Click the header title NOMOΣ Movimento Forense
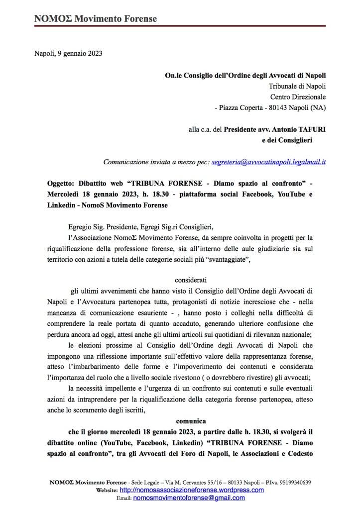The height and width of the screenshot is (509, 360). pyautogui.click(x=95, y=19)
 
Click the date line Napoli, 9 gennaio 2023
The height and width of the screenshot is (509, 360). pyautogui.click(x=68, y=54)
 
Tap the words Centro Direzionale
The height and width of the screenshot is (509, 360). pyautogui.click(x=298, y=97)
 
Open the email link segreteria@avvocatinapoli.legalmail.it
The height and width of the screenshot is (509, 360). pyautogui.click(x=268, y=162)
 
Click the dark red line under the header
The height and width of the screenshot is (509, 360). pyautogui.click(x=180, y=26)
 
